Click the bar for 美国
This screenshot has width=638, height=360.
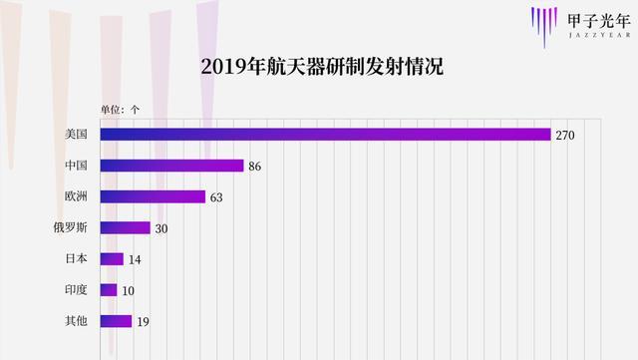point(326,135)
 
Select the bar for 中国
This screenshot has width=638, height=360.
point(172,166)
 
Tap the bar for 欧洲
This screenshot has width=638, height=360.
point(154,196)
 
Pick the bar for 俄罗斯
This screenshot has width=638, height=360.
point(126,227)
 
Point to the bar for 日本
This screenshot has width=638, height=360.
point(112,258)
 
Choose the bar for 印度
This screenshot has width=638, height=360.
point(109,289)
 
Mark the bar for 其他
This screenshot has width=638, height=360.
point(117,320)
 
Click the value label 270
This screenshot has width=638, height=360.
point(566,135)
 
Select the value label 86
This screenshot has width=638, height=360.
point(254,166)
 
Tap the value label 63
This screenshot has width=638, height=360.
point(216,196)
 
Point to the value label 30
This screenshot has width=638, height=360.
point(160,227)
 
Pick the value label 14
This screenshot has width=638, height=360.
point(134,258)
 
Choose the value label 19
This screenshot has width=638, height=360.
point(142,320)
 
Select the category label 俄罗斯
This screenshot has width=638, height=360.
point(70,227)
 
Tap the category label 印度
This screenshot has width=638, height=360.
point(76,289)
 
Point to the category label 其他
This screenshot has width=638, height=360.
point(76,320)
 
